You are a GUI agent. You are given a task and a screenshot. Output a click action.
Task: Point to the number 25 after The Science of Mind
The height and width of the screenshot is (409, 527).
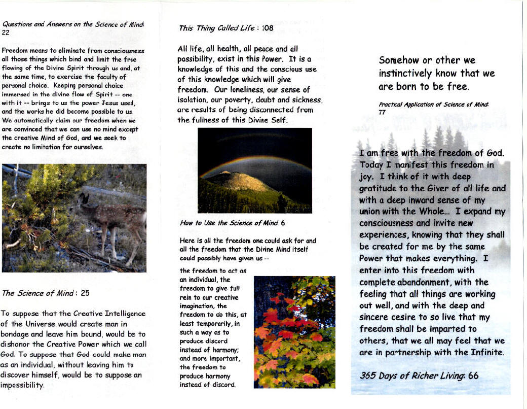[85, 293]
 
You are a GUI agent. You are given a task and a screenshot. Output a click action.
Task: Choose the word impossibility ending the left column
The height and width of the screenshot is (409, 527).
[22, 385]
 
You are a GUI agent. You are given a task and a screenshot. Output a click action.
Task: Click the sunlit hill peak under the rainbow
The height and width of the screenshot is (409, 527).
[224, 174]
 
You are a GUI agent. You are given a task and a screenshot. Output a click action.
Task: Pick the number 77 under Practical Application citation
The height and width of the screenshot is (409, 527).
[382, 112]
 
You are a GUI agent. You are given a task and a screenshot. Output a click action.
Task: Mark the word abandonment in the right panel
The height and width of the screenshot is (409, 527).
[439, 282]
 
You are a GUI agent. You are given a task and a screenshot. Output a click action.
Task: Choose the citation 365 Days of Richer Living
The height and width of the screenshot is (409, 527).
[413, 376]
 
